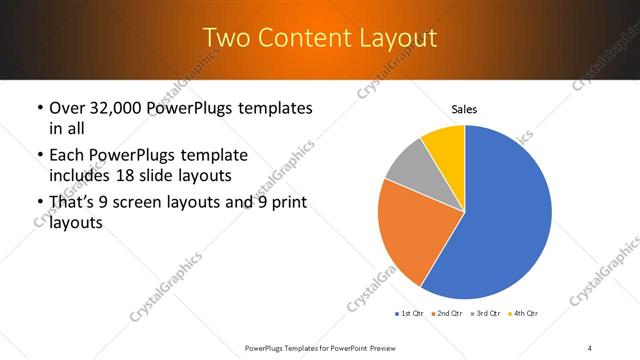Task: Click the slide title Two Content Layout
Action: [x=320, y=38]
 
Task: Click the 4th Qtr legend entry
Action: [x=525, y=314]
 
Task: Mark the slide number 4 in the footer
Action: [x=590, y=347]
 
